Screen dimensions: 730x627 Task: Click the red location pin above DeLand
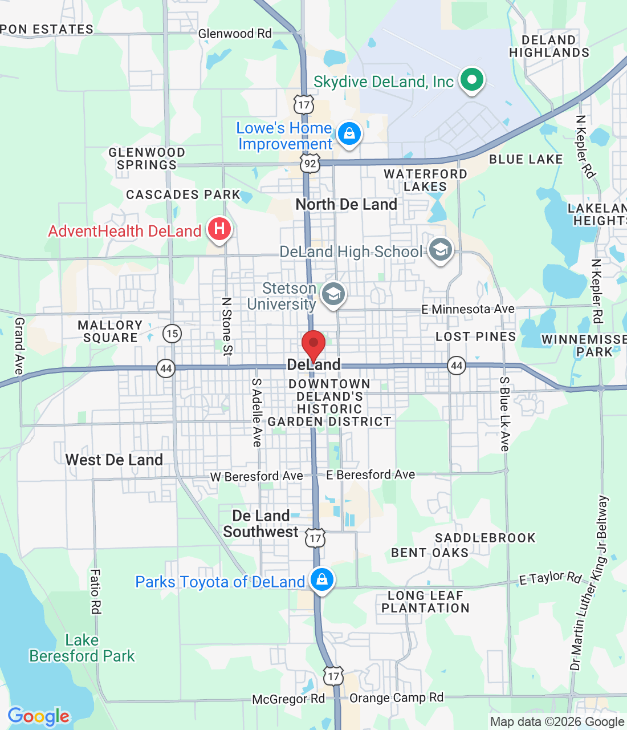(x=313, y=344)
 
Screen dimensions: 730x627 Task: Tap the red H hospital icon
(x=219, y=229)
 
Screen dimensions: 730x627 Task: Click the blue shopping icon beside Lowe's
(x=349, y=134)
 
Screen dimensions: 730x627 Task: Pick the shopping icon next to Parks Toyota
(x=321, y=579)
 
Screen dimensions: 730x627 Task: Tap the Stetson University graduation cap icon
(x=333, y=294)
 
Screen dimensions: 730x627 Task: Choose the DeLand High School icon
(x=440, y=250)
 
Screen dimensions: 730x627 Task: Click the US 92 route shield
(x=310, y=164)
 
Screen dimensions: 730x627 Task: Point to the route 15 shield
(x=172, y=334)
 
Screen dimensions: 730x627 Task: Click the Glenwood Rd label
(x=235, y=34)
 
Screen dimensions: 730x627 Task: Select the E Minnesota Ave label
(x=467, y=309)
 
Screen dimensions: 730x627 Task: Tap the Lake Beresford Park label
(x=82, y=648)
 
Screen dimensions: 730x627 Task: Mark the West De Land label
(x=114, y=460)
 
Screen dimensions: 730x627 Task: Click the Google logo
(x=39, y=716)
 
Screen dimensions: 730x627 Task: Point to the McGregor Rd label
(x=288, y=699)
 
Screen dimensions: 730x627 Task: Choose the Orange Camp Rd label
(x=396, y=697)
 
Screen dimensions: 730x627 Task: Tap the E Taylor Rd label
(x=550, y=578)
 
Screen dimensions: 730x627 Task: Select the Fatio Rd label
(x=95, y=591)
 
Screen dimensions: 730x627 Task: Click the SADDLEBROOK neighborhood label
(x=485, y=538)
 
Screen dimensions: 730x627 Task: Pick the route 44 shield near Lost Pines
(x=456, y=365)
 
